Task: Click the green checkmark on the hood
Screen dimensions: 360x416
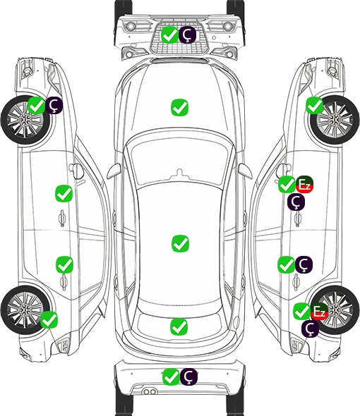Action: tap(179, 107)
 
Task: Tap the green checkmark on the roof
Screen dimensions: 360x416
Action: tap(180, 243)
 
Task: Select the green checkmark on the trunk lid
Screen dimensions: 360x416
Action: tap(179, 326)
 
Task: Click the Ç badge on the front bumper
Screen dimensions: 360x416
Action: tap(187, 35)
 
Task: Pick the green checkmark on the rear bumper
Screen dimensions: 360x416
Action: tap(171, 377)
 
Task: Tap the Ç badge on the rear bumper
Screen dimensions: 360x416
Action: tap(188, 377)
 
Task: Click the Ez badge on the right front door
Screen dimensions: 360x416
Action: tap(304, 184)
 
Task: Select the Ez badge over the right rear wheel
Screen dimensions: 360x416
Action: tap(319, 311)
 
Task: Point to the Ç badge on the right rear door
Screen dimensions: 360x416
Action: tap(304, 264)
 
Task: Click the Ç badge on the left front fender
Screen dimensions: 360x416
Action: tap(54, 105)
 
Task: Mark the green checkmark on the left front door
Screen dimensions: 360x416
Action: tap(64, 193)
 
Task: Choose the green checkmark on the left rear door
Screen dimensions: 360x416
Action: tap(64, 264)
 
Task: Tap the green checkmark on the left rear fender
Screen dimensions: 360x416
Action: tap(49, 319)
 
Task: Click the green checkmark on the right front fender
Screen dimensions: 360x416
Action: tap(315, 105)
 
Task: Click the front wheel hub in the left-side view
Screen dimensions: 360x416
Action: tap(25, 120)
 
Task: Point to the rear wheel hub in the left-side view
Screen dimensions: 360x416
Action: tap(25, 310)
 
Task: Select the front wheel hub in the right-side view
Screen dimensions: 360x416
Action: tap(335, 120)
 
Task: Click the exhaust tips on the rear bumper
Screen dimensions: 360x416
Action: tap(150, 392)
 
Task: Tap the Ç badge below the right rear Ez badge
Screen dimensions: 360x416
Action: tap(310, 329)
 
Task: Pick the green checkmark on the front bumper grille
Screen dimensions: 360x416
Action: tap(170, 35)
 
